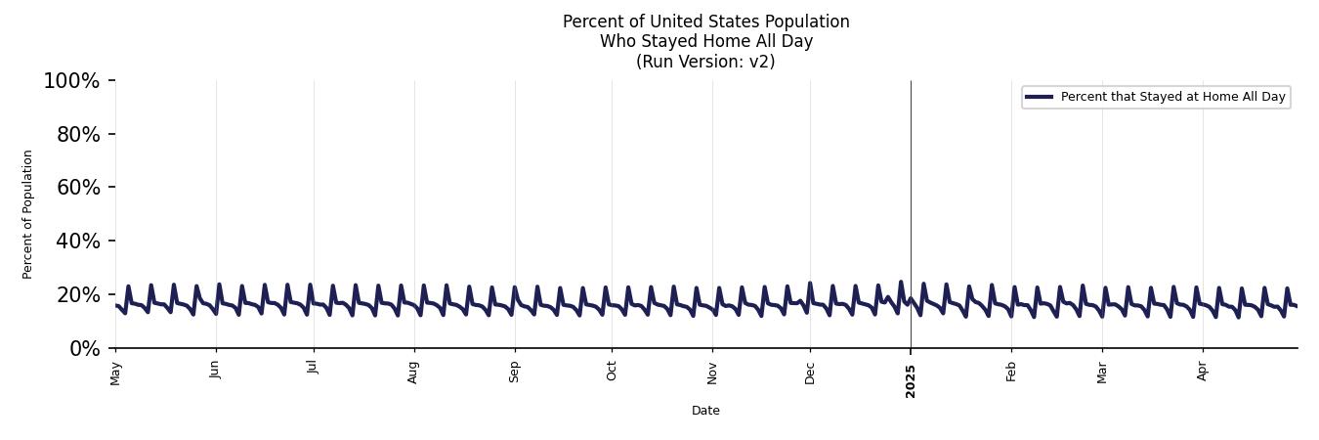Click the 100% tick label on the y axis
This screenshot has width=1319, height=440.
coord(71,81)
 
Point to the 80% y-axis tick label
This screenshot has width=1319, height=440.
coord(77,135)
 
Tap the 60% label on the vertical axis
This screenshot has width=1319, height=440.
coord(77,188)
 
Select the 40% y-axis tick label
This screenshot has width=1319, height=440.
coord(77,242)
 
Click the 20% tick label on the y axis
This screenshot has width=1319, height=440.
coord(77,295)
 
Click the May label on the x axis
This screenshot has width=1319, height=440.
coord(116,373)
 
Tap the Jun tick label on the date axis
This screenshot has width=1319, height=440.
coord(216,372)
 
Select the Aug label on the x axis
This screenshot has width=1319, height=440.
coord(414,373)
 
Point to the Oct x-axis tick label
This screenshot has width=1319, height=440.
coord(612,372)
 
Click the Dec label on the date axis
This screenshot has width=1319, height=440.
coord(810,372)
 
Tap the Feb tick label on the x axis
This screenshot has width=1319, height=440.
coord(1011,372)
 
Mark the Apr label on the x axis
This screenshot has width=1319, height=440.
coord(1203,372)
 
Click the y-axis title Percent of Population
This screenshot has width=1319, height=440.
coord(28,214)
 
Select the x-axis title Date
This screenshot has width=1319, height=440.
coord(705,411)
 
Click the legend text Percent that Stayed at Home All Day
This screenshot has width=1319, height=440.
coord(1172,97)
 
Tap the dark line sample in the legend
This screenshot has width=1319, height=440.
coord(1039,97)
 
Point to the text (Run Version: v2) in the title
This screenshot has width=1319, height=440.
coord(705,62)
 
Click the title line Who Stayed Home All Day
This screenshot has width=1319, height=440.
coord(705,41)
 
